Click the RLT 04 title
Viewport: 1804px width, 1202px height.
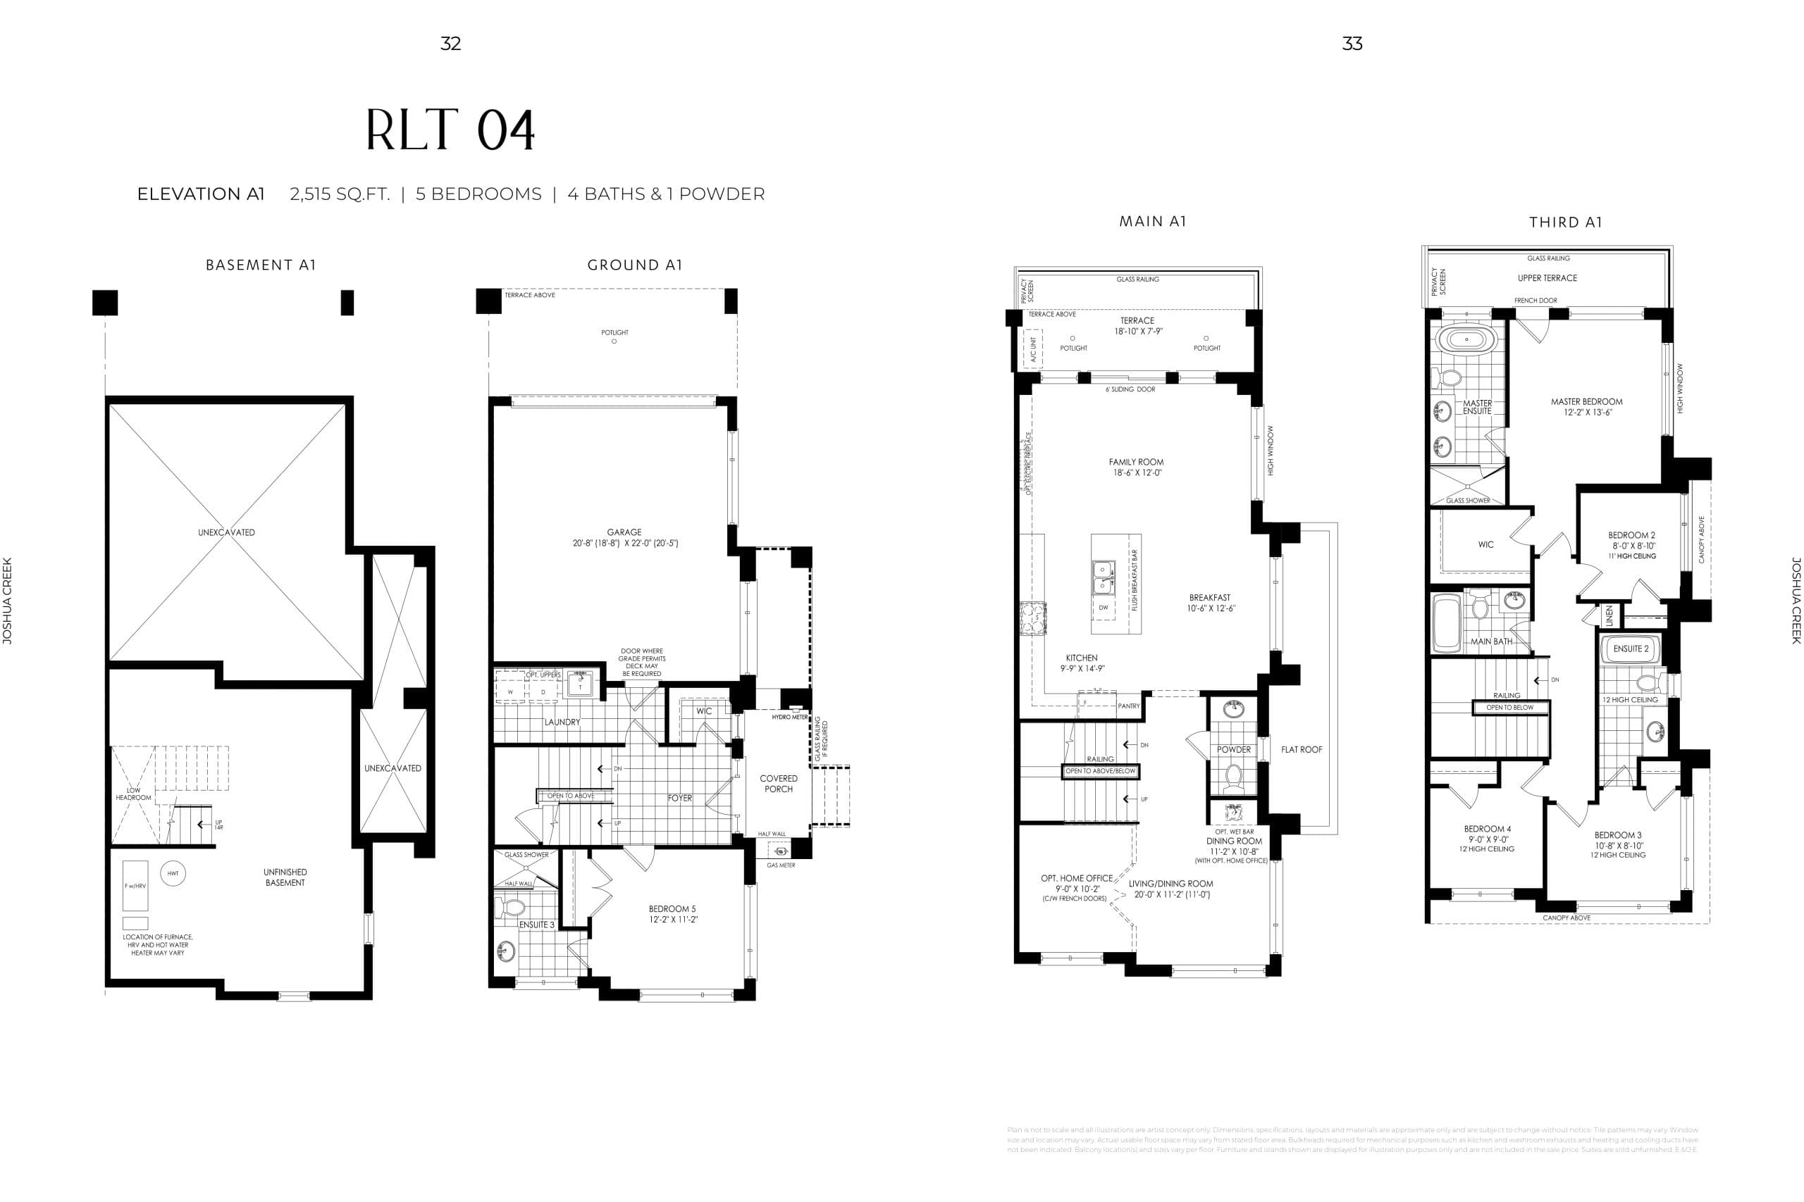coord(450,130)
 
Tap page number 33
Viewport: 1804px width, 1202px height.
coord(1352,44)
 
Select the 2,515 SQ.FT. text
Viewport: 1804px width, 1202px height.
coord(340,194)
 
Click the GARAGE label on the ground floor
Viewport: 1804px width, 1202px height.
coord(624,532)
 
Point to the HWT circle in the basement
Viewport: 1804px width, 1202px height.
coord(173,873)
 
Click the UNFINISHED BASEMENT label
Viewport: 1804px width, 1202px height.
coord(285,877)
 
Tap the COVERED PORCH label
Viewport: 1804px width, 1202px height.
coord(779,784)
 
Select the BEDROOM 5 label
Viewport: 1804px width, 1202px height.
coord(673,909)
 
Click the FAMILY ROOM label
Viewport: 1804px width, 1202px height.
coord(1136,462)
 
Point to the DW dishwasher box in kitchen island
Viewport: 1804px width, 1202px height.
coord(1103,607)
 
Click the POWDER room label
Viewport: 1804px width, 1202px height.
coord(1233,750)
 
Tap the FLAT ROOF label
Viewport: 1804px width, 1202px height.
coord(1302,750)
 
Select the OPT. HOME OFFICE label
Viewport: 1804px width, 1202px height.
coord(1077,879)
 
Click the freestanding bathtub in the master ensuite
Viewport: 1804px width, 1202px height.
coord(1466,339)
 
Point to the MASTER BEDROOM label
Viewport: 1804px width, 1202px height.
coord(1586,401)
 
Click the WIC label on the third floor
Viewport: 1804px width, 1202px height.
coord(1485,545)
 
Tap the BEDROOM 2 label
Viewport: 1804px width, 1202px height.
coord(1631,536)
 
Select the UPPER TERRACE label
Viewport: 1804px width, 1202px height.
coord(1547,278)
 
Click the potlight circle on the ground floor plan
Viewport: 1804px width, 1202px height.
coord(614,341)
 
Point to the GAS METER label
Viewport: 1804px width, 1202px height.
coord(781,865)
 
